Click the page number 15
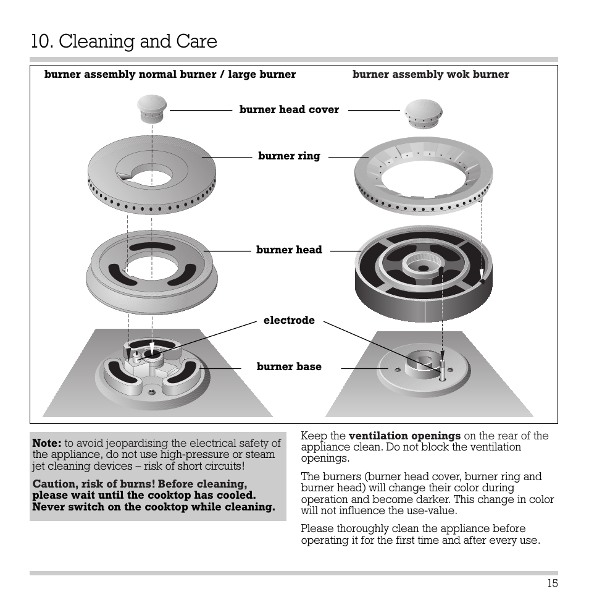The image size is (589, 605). (552, 583)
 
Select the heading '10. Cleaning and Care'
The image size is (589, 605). (123, 41)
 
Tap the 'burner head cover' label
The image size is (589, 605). (289, 109)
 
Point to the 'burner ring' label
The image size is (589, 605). (289, 156)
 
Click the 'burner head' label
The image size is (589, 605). (289, 250)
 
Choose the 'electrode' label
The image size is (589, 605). (289, 320)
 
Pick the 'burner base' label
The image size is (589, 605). (289, 366)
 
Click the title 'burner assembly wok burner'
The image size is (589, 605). (430, 75)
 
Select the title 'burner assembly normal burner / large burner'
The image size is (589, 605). (170, 75)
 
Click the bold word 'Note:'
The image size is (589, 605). (47, 443)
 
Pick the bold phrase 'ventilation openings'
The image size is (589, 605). (404, 436)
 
